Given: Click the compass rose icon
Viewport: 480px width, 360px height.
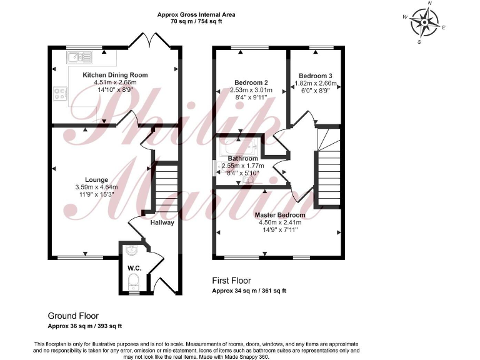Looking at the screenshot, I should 424,24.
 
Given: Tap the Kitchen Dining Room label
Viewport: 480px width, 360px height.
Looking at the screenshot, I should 115,75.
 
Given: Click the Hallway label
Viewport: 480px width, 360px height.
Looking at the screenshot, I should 162,222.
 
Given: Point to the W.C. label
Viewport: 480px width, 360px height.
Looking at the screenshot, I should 134,268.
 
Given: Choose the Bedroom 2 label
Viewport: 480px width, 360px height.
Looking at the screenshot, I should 251,82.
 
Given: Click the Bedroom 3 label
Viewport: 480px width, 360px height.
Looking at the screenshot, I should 315,76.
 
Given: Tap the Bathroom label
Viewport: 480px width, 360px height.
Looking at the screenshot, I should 243,159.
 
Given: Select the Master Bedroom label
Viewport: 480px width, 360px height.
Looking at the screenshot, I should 279,215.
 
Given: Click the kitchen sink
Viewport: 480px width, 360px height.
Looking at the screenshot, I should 81,58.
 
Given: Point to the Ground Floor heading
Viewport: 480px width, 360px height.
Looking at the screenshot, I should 73,316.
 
